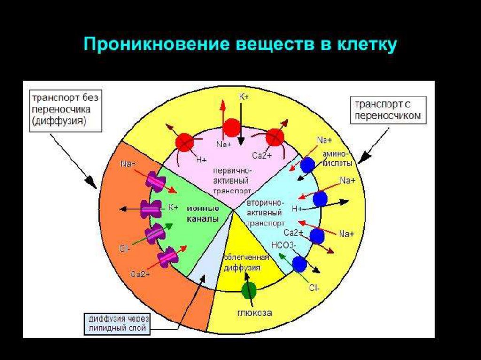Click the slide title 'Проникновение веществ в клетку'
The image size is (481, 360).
240,46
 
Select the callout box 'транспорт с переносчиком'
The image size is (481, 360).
388,110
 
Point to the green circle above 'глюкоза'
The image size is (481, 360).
249,291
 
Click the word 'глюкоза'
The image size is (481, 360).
254,313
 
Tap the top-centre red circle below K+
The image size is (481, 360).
232,128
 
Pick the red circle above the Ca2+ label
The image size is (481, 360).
274,138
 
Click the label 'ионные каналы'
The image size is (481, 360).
202,213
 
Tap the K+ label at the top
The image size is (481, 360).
244,96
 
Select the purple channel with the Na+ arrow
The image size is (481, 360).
155,181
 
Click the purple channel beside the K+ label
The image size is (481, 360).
150,209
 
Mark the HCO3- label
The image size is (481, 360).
284,245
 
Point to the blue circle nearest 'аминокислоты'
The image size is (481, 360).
307,165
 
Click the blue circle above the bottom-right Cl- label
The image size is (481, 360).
299,264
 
